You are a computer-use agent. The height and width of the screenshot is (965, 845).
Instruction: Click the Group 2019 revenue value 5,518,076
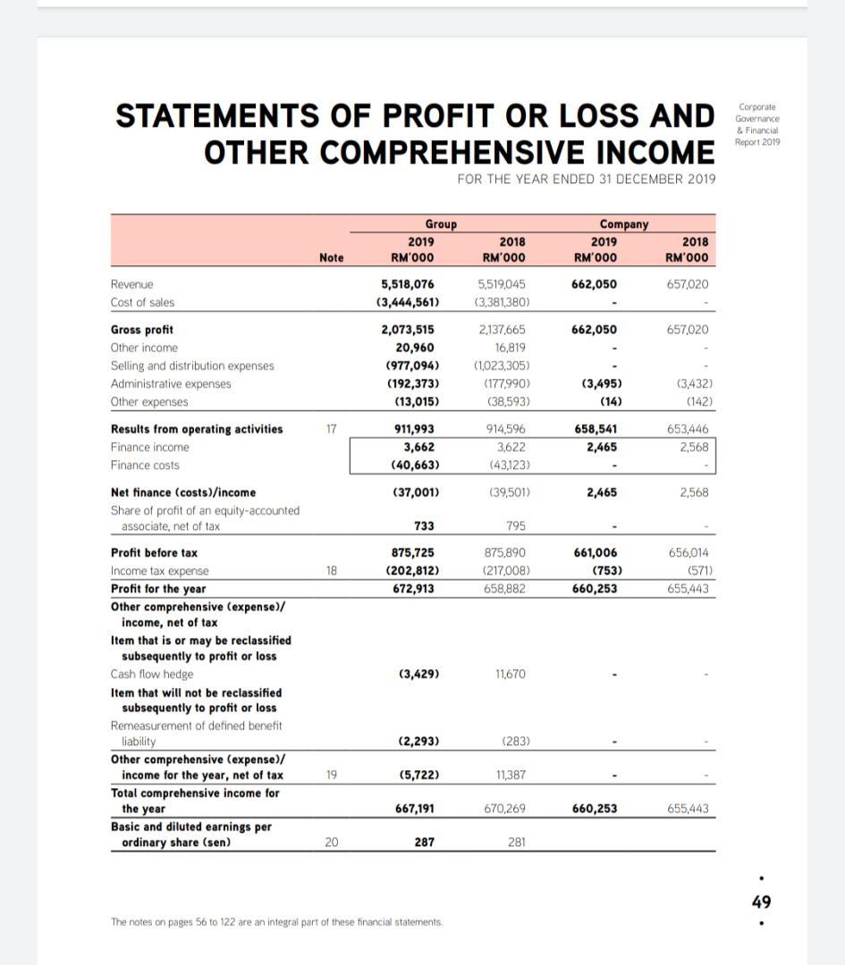(x=409, y=284)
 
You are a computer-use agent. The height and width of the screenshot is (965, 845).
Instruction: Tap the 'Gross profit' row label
(x=141, y=330)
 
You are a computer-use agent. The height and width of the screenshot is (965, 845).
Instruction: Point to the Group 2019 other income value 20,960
(x=416, y=348)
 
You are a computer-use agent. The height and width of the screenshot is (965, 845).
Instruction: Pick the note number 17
(x=331, y=429)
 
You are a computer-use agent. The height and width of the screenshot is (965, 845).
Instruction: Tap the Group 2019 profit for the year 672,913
(x=414, y=588)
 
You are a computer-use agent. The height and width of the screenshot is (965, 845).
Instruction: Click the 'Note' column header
(x=331, y=257)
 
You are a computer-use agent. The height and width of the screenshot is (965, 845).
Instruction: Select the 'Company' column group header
(x=624, y=224)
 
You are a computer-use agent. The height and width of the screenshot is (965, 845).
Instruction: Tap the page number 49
(x=761, y=902)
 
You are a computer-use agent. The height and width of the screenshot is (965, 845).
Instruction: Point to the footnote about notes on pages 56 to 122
(x=275, y=921)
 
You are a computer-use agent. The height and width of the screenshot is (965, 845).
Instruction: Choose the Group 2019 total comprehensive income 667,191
(x=414, y=809)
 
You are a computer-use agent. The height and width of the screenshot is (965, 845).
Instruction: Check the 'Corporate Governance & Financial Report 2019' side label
(x=756, y=123)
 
